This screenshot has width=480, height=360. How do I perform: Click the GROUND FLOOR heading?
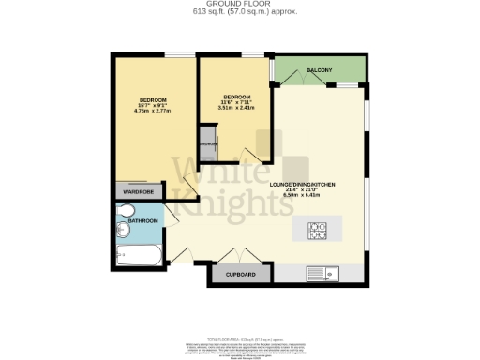(x=239, y=5)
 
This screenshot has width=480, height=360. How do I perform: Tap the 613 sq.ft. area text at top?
(x=239, y=12)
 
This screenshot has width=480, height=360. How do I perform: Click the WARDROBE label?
(x=138, y=190)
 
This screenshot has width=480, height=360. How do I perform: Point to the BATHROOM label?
(x=143, y=221)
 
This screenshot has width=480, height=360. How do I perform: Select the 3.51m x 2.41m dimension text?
(x=236, y=108)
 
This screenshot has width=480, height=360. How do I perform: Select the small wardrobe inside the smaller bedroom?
(x=207, y=144)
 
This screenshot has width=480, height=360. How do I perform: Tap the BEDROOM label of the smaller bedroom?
(x=236, y=97)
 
